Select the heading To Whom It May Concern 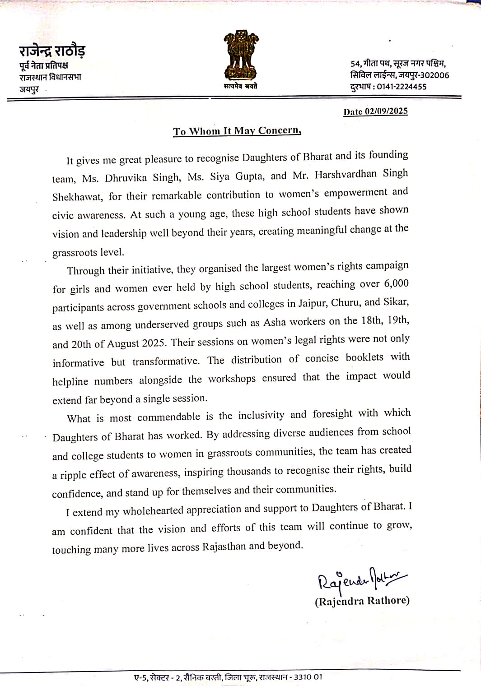(237, 131)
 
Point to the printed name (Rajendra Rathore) (362, 601)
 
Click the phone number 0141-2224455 (402, 87)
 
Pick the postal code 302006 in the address (434, 75)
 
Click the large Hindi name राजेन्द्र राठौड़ (52, 51)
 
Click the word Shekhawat (77, 197)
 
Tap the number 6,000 (396, 283)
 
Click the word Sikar (396, 301)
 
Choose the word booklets (364, 357)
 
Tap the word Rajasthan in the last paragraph (224, 547)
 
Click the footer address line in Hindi (228, 677)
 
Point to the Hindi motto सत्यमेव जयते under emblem (240, 86)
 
